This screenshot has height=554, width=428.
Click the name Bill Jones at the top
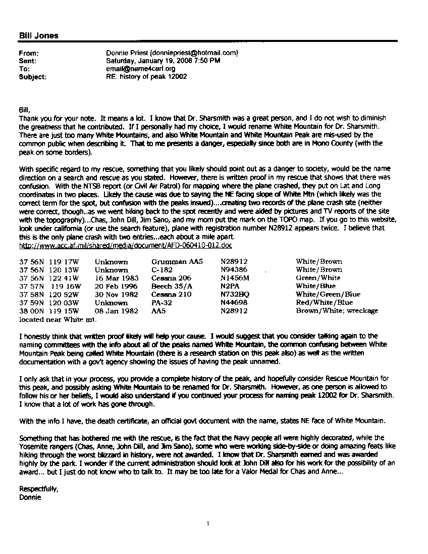tap(38, 35)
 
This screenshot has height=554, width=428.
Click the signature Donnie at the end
tap(29, 497)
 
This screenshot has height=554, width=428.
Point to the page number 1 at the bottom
tap(207, 524)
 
